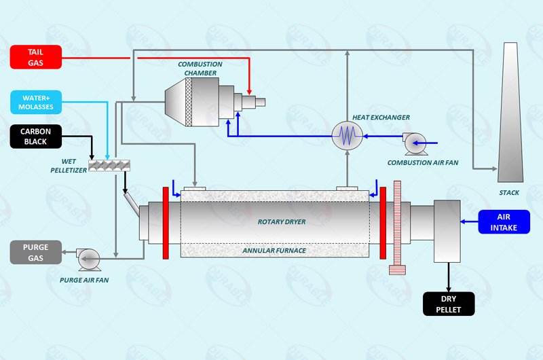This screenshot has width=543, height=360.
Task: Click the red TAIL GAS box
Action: pyautogui.click(x=36, y=57)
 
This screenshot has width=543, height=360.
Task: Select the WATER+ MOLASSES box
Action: pyautogui.click(x=36, y=103)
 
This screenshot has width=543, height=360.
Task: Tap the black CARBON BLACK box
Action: pyautogui.click(x=36, y=137)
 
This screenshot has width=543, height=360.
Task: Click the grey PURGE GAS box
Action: pyautogui.click(x=36, y=252)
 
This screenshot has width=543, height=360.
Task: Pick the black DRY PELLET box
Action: pyautogui.click(x=449, y=304)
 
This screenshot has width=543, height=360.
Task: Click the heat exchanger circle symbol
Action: pyautogui.click(x=348, y=136)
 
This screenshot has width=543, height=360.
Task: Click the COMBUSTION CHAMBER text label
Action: pyautogui.click(x=198, y=69)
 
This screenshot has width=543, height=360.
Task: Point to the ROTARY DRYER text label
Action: pyautogui.click(x=282, y=221)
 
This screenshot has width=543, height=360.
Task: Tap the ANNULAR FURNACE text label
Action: pyautogui.click(x=274, y=250)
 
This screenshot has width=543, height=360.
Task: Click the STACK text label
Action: pyautogui.click(x=509, y=193)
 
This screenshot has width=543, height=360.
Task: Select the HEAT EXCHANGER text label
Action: pyautogui.click(x=381, y=118)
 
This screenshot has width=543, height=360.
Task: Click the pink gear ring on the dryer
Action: pyautogui.click(x=397, y=227)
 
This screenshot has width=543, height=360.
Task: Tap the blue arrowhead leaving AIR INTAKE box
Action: pyautogui.click(x=464, y=221)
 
